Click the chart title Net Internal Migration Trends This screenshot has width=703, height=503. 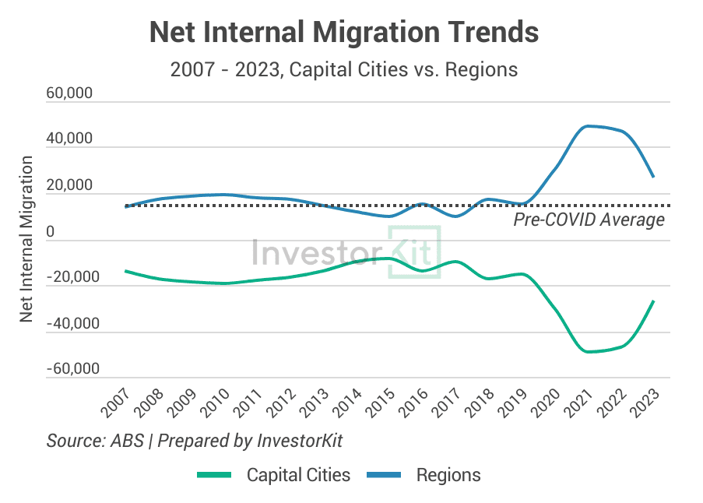(343, 33)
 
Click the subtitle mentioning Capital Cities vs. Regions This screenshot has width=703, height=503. (343, 69)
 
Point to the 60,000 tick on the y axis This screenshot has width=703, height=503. (69, 94)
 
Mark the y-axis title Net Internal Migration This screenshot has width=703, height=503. (26, 239)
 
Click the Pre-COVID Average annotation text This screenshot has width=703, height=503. (589, 220)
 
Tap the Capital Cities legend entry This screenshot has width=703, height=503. (273, 475)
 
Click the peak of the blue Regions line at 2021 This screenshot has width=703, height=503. (589, 125)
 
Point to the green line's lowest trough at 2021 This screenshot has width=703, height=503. (589, 352)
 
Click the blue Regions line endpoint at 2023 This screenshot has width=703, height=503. (654, 177)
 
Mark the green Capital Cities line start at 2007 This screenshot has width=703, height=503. (125, 271)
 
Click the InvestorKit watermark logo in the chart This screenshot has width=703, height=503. (346, 251)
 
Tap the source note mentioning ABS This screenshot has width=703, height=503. (195, 441)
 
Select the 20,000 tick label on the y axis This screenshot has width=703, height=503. (69, 186)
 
